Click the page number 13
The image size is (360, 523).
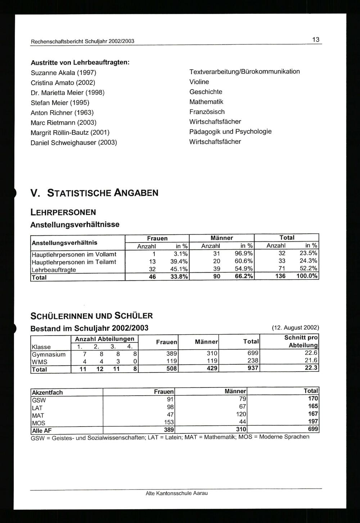click(x=316, y=40)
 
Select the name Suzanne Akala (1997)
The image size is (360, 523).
click(x=63, y=73)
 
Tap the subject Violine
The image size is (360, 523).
click(x=199, y=82)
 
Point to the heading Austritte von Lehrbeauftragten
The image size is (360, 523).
click(x=80, y=62)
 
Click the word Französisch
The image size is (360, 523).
click(x=207, y=112)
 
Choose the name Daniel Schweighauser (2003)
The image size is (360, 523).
click(x=74, y=142)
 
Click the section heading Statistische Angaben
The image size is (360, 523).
click(x=94, y=193)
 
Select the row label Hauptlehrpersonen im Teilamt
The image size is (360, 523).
click(x=74, y=262)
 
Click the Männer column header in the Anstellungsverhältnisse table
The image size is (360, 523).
click(x=221, y=238)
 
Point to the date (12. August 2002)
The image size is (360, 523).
click(x=296, y=328)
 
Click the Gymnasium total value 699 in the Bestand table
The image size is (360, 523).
click(x=253, y=353)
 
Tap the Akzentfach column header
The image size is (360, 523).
click(x=48, y=392)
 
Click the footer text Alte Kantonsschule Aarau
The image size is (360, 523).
click(x=176, y=493)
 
